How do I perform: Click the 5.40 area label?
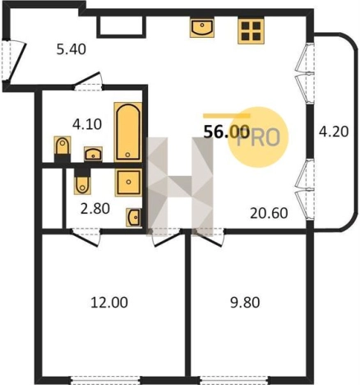[x=72, y=49]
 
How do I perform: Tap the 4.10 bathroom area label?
[x=87, y=124]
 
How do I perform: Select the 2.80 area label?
[x=95, y=209]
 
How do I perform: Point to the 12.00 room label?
[x=109, y=303]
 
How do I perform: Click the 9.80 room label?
[x=245, y=303]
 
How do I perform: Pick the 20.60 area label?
[x=269, y=213]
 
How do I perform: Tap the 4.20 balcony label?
[x=334, y=132]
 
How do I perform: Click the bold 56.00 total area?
[x=227, y=132]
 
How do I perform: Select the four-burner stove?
[x=251, y=31]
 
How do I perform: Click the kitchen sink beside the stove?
[x=202, y=28]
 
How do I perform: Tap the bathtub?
[x=128, y=132]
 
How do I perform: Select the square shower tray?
[x=128, y=182]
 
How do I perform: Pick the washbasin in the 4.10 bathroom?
[x=93, y=154]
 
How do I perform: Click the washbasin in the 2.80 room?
[x=134, y=217]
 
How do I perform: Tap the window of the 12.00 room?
[x=106, y=380]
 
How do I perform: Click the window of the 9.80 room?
[x=233, y=380]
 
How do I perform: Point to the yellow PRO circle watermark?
[x=258, y=137]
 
